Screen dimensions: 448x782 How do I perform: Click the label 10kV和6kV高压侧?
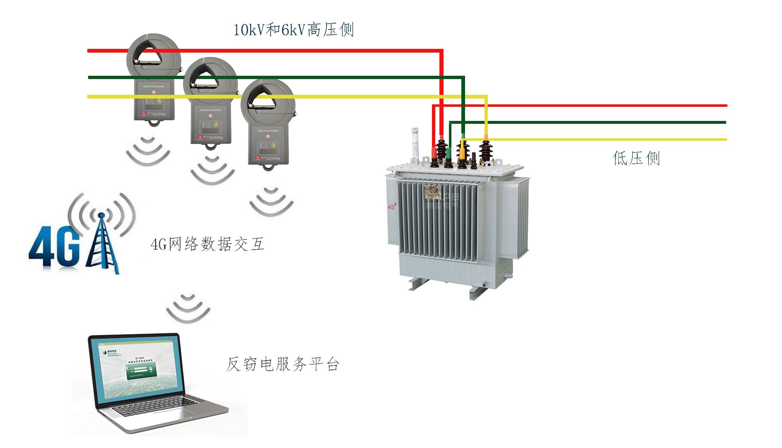tap(293, 30)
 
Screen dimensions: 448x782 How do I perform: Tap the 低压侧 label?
tap(636, 158)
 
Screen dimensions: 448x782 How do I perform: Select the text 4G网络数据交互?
tap(207, 244)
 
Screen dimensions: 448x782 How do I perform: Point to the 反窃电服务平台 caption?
tap(283, 364)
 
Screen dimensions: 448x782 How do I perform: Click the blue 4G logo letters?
tap(54, 248)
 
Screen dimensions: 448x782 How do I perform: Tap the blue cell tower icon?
tap(102, 244)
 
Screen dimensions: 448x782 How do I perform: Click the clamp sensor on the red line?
tap(154, 79)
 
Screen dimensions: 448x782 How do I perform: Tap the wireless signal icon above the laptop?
tap(188, 308)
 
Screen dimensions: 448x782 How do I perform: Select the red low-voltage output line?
tap(600, 106)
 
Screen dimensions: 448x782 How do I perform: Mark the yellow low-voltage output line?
tap(600, 140)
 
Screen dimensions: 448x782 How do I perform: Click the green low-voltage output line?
tap(600, 122)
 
